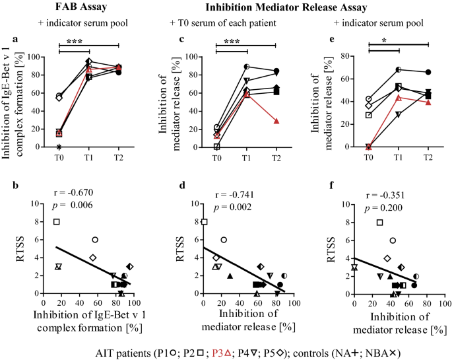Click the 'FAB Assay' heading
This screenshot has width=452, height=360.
click(73, 8)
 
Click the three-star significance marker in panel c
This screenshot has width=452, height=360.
click(232, 42)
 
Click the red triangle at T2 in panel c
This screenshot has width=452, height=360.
click(276, 121)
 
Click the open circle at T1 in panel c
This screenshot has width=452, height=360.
click(246, 67)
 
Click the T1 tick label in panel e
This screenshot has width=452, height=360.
click(398, 158)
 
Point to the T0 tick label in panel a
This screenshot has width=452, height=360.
click(59, 158)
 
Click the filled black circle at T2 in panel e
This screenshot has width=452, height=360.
click(428, 72)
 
